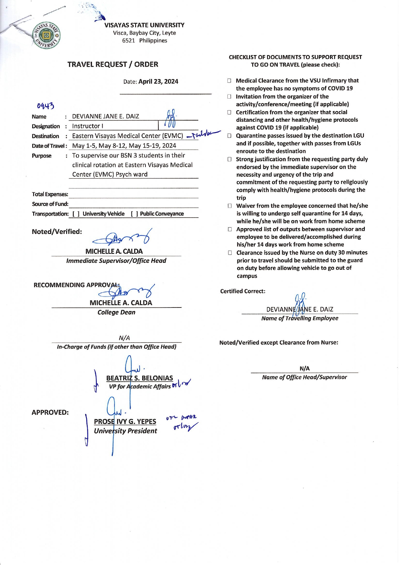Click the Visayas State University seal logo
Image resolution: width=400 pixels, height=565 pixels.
coord(46,35)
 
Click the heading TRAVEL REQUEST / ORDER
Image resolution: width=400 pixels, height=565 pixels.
coord(113,64)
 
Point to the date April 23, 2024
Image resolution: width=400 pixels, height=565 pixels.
coord(158,82)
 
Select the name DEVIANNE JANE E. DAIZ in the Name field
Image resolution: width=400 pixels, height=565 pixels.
coord(105,116)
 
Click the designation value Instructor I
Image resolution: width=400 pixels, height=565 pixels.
coord(87,126)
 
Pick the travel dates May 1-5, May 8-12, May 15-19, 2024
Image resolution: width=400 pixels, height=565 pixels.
coord(124,146)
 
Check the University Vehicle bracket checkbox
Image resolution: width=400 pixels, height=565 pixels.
coord(76,214)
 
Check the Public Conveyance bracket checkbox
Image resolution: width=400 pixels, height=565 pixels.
coord(135,214)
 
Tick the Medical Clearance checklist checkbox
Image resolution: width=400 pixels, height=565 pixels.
coord(229,81)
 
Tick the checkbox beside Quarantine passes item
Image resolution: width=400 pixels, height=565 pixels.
coord(229,136)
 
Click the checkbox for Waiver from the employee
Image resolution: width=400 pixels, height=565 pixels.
coord(229,206)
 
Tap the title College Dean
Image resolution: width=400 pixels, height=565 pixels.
coord(116,312)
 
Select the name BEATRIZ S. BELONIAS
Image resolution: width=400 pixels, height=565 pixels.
coord(139,378)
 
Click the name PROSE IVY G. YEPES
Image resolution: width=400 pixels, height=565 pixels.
coord(125,421)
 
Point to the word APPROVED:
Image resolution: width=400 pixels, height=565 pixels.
coord(50,412)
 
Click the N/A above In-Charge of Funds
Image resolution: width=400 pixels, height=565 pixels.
coord(124,338)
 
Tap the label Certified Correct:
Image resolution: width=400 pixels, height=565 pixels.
coord(243,291)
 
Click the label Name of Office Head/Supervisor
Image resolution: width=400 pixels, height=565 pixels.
coord(304,377)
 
